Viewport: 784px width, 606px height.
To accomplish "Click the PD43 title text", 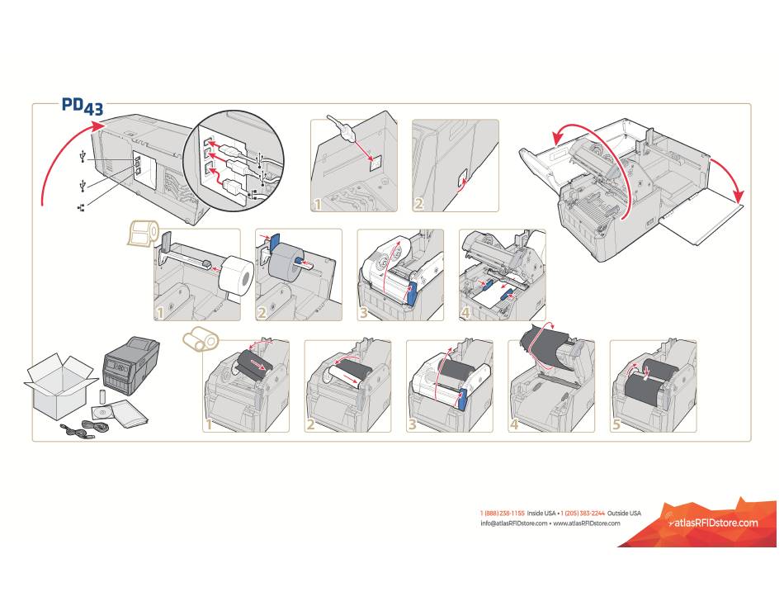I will click(x=82, y=107).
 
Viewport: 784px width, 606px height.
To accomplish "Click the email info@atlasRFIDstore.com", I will click(x=513, y=523).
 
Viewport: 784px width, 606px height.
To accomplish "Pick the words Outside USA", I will click(x=624, y=513).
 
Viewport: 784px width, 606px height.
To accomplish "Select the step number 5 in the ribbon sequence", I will click(x=616, y=425).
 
